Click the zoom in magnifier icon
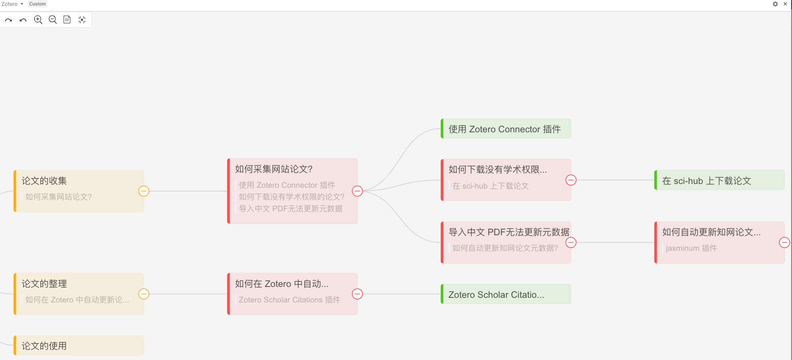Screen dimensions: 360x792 point(38,20)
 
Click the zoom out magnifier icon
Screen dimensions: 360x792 point(53,20)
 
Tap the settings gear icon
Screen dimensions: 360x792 point(775,4)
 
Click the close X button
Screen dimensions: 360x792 point(785,4)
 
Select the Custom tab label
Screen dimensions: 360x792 point(37,4)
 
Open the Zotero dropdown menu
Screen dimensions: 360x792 point(12,4)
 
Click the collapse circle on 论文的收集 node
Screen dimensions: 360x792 point(144,191)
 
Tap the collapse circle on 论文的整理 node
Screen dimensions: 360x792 point(144,294)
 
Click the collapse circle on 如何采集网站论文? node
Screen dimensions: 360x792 point(357,191)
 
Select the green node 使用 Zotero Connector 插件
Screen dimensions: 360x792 point(505,129)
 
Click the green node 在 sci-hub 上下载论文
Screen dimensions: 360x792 point(719,181)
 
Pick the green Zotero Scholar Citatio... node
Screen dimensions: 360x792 point(505,294)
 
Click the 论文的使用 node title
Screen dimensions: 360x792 point(44,346)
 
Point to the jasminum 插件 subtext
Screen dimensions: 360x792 point(691,248)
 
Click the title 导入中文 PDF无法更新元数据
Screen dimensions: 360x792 point(509,232)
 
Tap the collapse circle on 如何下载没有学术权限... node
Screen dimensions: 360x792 point(571,180)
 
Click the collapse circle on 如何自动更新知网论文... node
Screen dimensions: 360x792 point(784,242)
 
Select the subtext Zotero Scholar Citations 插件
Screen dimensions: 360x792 point(289,300)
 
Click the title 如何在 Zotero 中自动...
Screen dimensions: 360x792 point(282,284)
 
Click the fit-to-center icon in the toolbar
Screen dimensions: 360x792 point(82,20)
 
